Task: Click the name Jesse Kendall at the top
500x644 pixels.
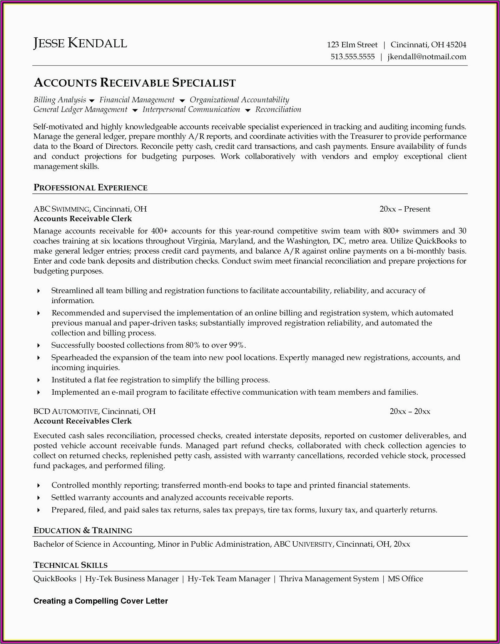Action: point(80,43)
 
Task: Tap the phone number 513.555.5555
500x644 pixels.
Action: point(353,57)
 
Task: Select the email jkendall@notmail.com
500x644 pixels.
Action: point(426,57)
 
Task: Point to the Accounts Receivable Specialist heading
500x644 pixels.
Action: point(135,83)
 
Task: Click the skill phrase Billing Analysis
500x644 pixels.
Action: point(60,100)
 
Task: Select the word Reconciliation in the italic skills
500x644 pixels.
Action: point(278,110)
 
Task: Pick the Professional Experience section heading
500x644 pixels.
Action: point(90,188)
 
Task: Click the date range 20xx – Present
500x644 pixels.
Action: point(405,209)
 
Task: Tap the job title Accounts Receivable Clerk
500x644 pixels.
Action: point(83,219)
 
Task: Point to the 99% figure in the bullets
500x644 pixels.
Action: point(237,345)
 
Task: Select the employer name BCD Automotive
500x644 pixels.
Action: point(66,411)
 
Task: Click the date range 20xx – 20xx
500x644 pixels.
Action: point(410,412)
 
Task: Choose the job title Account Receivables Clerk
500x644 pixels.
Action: point(83,421)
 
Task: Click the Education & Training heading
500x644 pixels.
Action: point(83,531)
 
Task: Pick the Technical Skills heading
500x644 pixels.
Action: point(70,565)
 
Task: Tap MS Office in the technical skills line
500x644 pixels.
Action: point(405,579)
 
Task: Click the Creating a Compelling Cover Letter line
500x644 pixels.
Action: point(101,601)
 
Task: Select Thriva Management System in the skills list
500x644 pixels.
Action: point(329,579)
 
